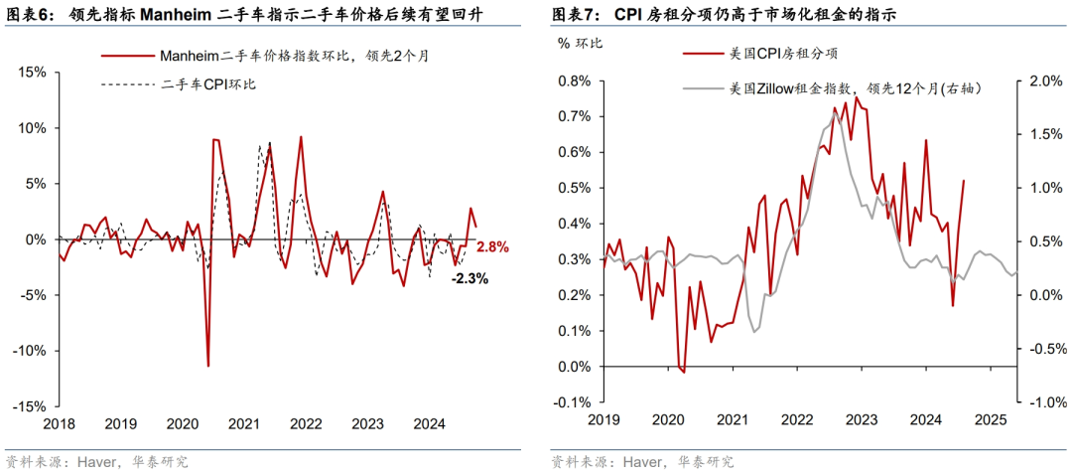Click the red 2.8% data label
(492, 246)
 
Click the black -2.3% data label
(469, 279)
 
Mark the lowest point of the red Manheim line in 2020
(207, 366)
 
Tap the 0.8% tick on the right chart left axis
(575, 80)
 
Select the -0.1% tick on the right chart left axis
(573, 402)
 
